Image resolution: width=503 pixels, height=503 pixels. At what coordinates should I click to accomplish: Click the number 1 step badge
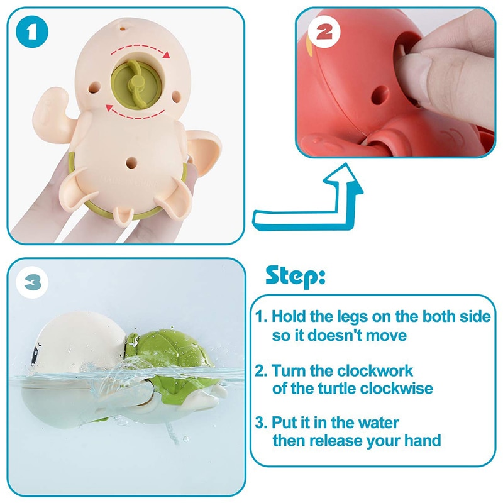(34, 33)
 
